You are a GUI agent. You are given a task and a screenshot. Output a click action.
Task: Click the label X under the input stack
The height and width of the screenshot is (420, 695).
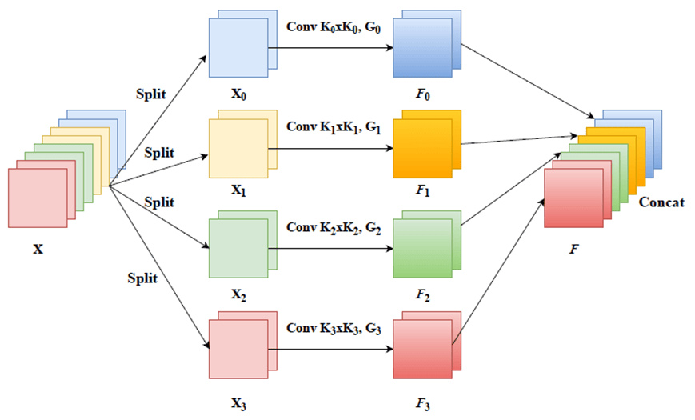(x=38, y=249)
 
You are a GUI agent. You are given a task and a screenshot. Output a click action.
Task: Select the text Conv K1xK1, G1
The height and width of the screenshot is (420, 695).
(x=335, y=126)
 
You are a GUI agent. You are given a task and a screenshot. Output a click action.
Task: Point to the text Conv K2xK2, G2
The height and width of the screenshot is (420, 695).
(x=335, y=227)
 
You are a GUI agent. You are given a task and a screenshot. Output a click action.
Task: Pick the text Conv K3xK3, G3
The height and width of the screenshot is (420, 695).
(x=335, y=328)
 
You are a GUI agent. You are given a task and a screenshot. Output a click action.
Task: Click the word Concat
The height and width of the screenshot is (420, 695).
(x=661, y=202)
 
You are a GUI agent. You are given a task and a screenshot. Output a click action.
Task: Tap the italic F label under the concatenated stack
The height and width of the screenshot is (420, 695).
(x=573, y=248)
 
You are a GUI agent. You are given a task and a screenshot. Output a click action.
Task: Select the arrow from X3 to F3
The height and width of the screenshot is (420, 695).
(x=334, y=350)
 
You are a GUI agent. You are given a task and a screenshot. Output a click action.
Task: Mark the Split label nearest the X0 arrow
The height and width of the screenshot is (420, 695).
(x=150, y=94)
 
